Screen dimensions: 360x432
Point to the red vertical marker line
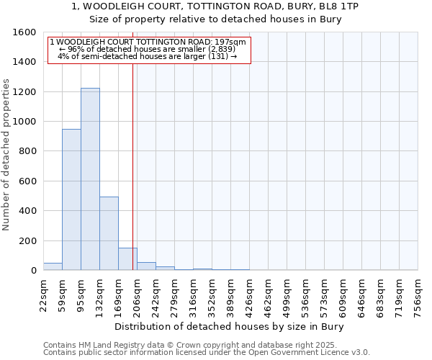point(133,166)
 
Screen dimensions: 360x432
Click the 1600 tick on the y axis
point(25,32)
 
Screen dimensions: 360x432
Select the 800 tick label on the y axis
point(27,151)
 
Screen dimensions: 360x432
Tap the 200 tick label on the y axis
point(27,240)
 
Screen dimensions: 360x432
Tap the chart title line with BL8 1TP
point(216,6)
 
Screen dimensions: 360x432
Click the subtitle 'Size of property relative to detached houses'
point(216,19)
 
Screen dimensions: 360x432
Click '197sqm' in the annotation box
point(232,42)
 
